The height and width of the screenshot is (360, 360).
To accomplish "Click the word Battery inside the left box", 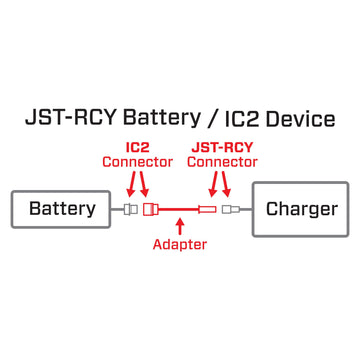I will [62, 209].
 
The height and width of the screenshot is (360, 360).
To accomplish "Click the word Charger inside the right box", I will [301, 209].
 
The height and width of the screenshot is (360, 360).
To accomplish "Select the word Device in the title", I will [299, 119].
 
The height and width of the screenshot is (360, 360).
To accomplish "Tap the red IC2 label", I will [138, 147].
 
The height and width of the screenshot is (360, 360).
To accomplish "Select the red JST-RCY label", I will [222, 147].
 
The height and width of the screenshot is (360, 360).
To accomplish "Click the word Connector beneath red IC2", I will [138, 162].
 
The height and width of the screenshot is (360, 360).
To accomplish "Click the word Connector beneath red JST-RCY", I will [222, 162].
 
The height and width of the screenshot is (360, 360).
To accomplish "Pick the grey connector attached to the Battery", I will [129, 210].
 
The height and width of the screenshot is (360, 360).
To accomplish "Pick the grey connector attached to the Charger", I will [231, 210].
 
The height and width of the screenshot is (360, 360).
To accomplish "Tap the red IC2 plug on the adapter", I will [151, 210].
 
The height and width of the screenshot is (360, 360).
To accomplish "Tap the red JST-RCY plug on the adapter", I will [208, 210].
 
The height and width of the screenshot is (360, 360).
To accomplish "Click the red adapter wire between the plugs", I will [179, 210].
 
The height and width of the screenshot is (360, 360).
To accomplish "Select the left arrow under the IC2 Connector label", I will [130, 184].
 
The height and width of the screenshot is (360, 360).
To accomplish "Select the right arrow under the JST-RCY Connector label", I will [228, 184].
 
